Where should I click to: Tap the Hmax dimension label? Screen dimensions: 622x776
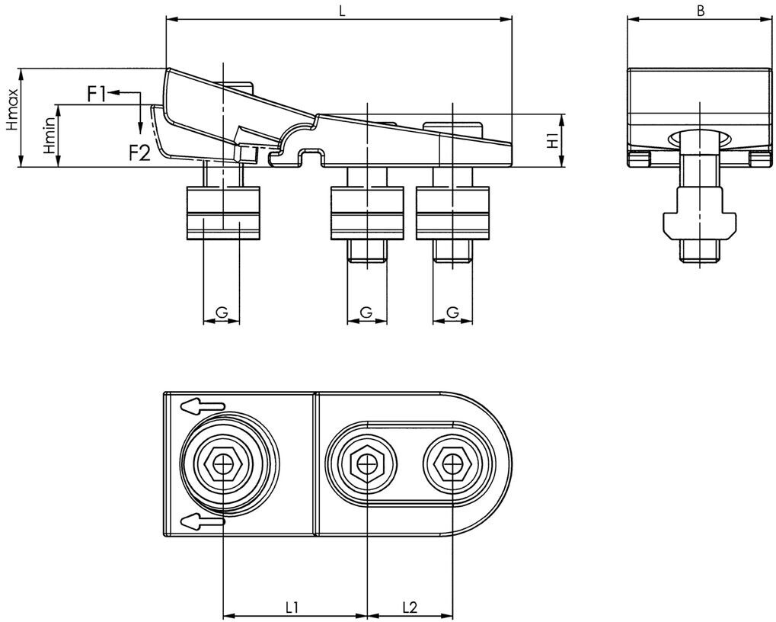[x=11, y=117]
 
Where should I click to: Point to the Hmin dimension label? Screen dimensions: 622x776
[x=49, y=138]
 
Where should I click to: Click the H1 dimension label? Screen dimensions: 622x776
[x=554, y=139]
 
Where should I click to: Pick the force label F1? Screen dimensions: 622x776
[x=97, y=94]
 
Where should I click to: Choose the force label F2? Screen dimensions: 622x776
[x=139, y=152]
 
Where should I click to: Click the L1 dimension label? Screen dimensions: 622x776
[x=292, y=607]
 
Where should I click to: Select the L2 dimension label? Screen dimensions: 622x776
[x=409, y=607]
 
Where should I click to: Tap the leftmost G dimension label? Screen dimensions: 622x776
[x=222, y=313]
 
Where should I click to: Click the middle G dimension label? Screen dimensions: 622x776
[x=366, y=313]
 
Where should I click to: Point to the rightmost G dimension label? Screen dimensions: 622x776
[x=452, y=313]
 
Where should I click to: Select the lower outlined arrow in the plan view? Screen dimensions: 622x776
[x=203, y=521]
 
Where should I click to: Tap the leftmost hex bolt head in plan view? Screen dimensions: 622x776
[x=222, y=462]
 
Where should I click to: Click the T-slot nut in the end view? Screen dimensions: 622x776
[x=699, y=221]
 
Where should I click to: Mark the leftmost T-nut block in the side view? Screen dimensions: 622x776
[x=222, y=213]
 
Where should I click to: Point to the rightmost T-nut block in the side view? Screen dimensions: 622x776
[x=452, y=213]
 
